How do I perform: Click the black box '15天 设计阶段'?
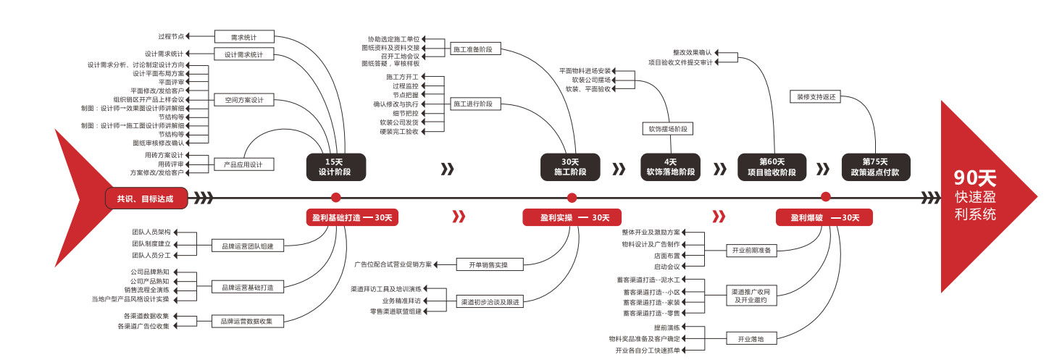(335, 167)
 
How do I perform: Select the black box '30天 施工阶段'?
(571, 167)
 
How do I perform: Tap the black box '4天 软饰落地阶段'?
(670, 167)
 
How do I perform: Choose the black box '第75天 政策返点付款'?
(875, 167)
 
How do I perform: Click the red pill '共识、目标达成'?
(146, 197)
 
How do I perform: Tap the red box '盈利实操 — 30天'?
(571, 217)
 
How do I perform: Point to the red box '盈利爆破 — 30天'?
(824, 217)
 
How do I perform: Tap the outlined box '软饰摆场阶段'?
(667, 129)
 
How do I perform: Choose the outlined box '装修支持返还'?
(816, 96)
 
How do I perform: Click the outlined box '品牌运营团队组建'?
(247, 246)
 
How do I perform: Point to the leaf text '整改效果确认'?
(692, 53)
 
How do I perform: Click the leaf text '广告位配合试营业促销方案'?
(393, 264)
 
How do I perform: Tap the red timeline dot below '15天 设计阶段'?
(335, 197)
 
